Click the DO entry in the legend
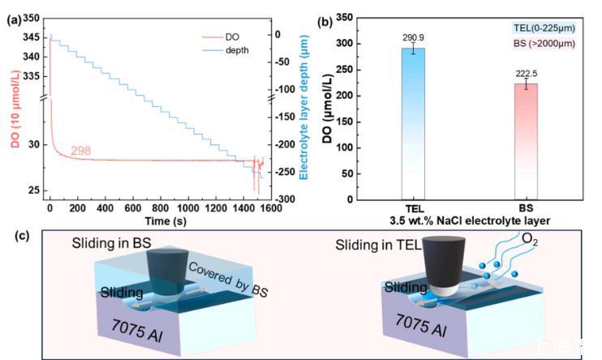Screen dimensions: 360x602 click(231, 37)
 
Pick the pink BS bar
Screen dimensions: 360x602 click(527, 141)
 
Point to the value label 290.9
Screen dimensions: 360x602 click(415, 37)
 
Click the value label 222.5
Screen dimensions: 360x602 click(527, 73)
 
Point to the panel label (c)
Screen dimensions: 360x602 click(12, 238)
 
